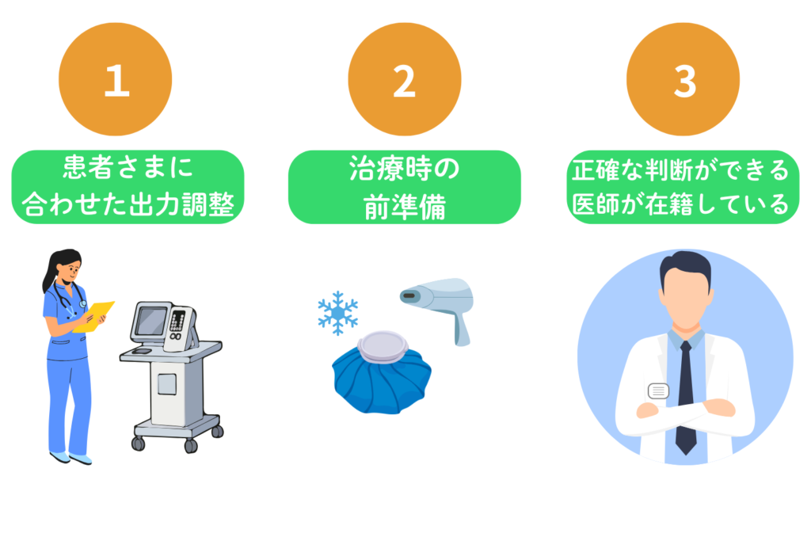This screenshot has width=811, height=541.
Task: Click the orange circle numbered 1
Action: pos(116,79)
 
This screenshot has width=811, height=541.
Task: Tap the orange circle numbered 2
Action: pos(405,79)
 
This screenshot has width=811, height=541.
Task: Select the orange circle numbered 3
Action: pos(683,79)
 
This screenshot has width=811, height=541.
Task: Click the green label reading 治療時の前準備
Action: pos(405,187)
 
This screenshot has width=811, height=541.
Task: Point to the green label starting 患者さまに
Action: pos(128,187)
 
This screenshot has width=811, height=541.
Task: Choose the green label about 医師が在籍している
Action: pos(683,187)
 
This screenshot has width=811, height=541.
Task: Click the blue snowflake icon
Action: pos(337,313)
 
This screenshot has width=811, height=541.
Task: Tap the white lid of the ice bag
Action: pos(383,346)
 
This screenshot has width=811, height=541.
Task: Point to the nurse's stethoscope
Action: pos(70,299)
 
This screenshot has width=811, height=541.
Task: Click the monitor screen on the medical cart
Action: pos(150,322)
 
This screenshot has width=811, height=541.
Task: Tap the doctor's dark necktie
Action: pos(685,398)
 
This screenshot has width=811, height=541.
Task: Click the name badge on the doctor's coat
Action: pos(658,391)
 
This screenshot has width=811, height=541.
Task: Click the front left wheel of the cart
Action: pos(138,444)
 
